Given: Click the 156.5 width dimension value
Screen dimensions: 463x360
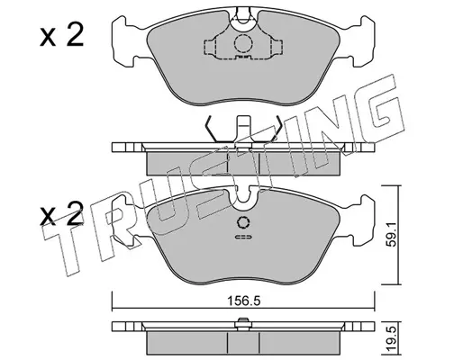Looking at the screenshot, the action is click(243, 301).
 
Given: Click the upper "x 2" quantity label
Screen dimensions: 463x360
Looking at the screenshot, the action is click(61, 37).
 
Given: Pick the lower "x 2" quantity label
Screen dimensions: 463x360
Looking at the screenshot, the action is click(61, 215).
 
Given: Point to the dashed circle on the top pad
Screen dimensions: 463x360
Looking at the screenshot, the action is click(243, 44).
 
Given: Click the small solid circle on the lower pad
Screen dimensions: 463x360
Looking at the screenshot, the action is click(243, 222).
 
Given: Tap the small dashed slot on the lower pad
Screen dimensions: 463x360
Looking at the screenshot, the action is click(243, 237).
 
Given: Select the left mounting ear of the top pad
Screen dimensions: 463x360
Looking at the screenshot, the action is click(123, 41).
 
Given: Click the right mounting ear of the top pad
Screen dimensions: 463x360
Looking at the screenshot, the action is click(363, 41).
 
